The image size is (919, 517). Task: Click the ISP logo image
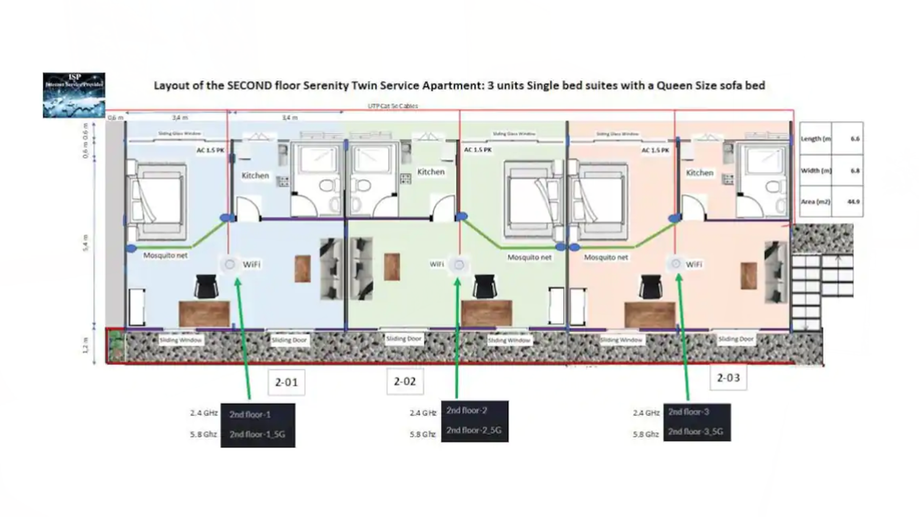coord(74,95)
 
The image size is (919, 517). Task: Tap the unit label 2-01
coord(286,382)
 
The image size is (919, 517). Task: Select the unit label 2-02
coord(405,381)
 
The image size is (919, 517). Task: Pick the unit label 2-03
coord(728,378)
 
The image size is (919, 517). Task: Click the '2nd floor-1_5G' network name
coord(257,435)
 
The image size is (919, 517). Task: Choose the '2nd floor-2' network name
coord(466,410)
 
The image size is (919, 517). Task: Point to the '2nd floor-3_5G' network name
coord(695,431)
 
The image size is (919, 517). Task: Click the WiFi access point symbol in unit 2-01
coord(230,264)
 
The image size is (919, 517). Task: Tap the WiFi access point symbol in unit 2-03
coord(676,264)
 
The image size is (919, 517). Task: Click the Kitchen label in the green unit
coord(430,172)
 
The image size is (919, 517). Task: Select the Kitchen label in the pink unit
coord(699,173)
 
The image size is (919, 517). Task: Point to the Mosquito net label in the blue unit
coord(165,255)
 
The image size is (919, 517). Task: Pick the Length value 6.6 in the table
coord(855,138)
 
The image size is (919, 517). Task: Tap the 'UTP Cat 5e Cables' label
coord(392,106)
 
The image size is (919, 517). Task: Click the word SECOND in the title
coord(250,86)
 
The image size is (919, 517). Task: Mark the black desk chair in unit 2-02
coord(484,286)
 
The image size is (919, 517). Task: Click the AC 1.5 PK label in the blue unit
coord(210,150)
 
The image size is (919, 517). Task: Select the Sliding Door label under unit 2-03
coord(735,339)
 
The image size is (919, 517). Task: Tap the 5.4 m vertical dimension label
coord(86,243)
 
